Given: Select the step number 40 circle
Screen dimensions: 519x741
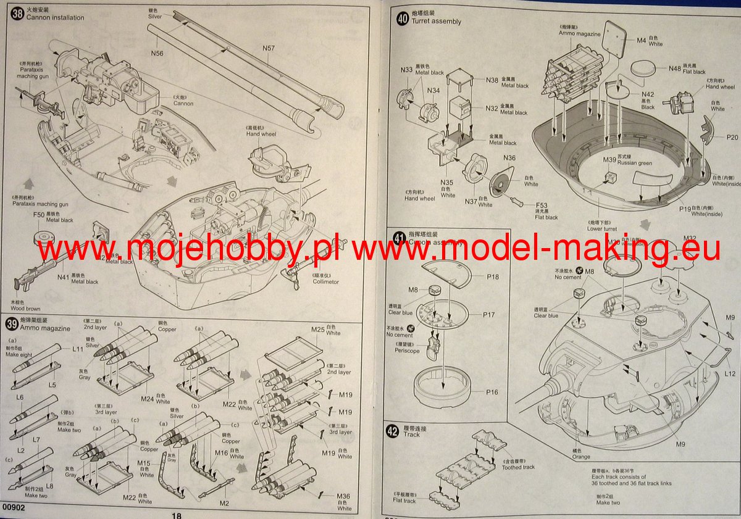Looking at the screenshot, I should pos(402,18).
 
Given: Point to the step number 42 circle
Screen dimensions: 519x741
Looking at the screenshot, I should pos(391,431).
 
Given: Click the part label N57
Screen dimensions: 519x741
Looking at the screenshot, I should pos(268,48).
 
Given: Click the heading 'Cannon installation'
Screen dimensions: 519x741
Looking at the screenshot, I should pos(55,18).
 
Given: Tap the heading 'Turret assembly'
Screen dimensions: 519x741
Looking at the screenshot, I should pos(438,22).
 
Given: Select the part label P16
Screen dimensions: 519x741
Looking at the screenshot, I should pos(492,392).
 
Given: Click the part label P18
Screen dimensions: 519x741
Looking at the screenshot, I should pos(492,277).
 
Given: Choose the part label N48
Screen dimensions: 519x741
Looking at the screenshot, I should pos(675,68).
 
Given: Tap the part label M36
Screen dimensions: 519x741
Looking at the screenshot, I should pos(343,496).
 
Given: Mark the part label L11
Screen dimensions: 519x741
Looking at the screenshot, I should pos(78,349).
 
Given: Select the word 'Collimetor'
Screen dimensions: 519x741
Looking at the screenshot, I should pos(325,282).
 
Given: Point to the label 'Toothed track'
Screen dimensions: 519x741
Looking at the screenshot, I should pos(519,467).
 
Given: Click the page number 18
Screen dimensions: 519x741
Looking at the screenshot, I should pos(177,515).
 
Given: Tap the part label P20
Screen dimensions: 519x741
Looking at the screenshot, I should pos(732,138).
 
